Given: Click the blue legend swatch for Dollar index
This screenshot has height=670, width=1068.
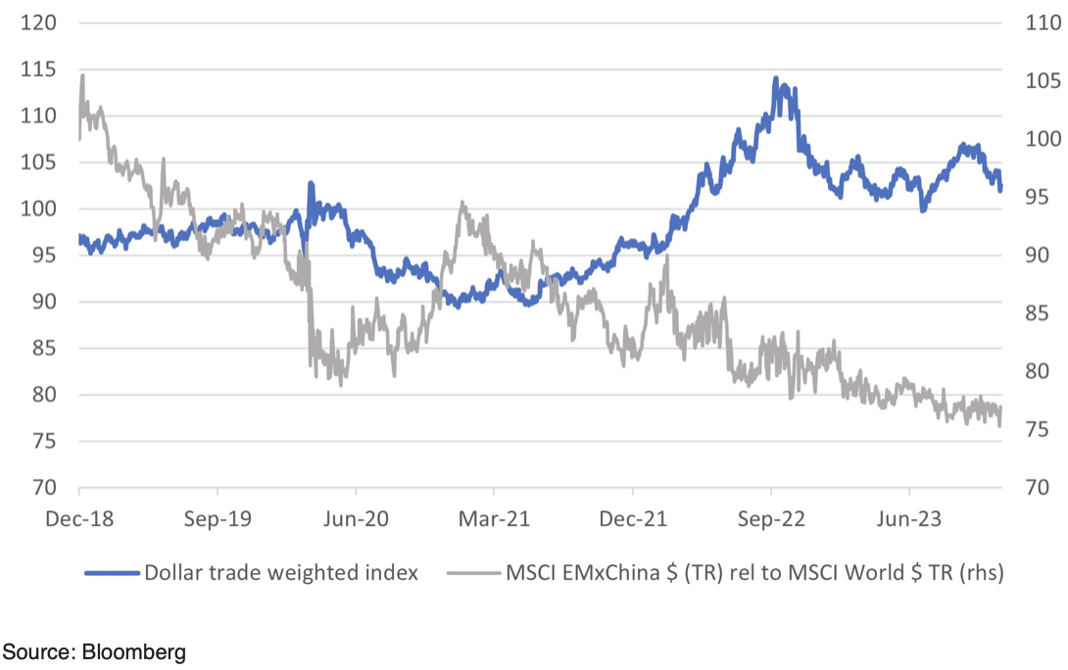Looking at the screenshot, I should tap(112, 573).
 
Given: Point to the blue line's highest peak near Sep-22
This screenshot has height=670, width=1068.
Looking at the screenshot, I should tap(775, 78).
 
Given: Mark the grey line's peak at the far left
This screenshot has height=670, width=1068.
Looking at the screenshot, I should tap(82, 74).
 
